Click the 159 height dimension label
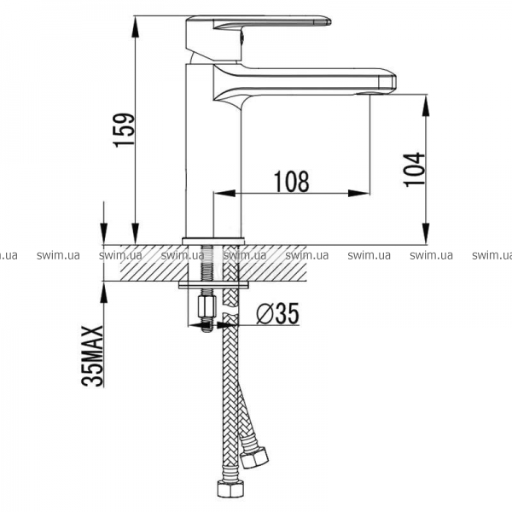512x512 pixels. point(124,130)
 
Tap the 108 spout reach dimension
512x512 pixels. point(291,181)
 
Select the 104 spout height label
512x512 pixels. point(415,170)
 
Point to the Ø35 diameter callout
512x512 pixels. point(277,313)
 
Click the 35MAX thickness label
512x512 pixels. point(92,356)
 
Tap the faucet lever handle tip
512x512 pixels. point(328,22)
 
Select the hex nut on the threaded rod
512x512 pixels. point(207,306)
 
